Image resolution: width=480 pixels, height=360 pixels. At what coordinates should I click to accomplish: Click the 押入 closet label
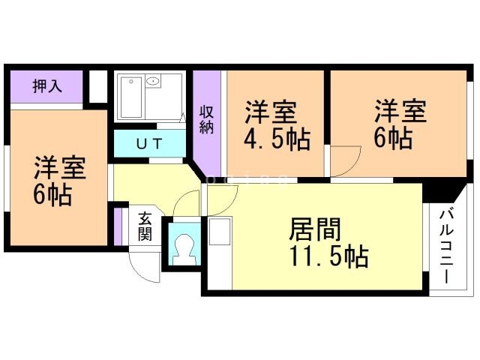pyautogui.click(x=47, y=86)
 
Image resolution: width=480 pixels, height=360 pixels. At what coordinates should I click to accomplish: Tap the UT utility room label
pyautogui.click(x=149, y=143)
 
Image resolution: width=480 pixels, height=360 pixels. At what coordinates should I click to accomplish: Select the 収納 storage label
pyautogui.click(x=207, y=120)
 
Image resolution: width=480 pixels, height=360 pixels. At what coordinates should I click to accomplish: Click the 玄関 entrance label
pyautogui.click(x=145, y=226)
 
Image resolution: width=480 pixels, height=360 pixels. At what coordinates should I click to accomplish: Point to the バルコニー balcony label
pyautogui.click(x=446, y=247)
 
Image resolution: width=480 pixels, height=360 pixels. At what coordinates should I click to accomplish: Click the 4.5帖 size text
pyautogui.click(x=277, y=139)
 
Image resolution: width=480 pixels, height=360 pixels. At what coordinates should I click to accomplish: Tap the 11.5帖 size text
pyautogui.click(x=328, y=256)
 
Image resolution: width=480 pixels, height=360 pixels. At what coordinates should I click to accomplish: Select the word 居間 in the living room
pyautogui.click(x=315, y=229)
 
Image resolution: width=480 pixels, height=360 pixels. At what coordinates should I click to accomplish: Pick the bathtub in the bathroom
pyautogui.click(x=131, y=97)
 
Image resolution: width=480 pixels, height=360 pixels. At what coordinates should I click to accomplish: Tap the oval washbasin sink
pyautogui.click(x=153, y=81)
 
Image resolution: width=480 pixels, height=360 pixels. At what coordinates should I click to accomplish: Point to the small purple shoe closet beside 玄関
pyautogui.click(x=118, y=226)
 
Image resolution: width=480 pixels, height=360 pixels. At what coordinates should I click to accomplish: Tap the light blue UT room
pyautogui.click(x=150, y=143)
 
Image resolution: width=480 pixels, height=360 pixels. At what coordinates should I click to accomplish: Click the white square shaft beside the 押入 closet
pyautogui.click(x=98, y=87)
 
